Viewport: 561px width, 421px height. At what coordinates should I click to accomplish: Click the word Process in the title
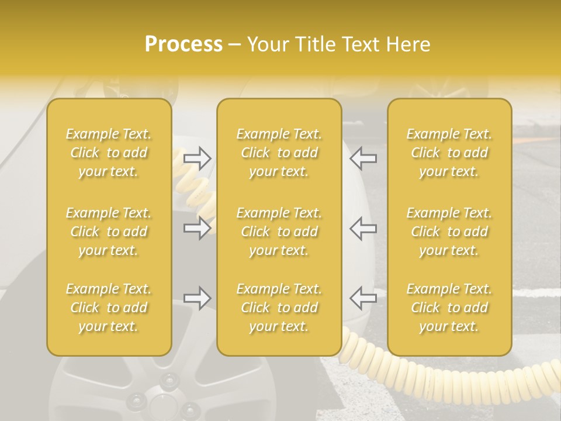183,44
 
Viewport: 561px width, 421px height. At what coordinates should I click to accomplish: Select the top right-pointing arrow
198,158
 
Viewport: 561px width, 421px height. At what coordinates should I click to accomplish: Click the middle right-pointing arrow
198,228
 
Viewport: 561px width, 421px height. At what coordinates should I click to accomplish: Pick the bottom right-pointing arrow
198,298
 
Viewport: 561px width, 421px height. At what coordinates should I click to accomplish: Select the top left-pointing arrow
363,158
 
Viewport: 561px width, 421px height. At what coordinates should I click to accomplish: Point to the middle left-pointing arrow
363,228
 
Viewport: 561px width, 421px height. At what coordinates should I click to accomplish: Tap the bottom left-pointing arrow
363,298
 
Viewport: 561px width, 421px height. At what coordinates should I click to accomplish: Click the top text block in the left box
109,153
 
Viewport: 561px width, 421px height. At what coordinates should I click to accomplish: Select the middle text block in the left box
109,232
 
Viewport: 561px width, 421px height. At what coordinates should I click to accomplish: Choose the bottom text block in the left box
109,308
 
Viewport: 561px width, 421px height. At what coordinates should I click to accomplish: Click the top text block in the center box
279,153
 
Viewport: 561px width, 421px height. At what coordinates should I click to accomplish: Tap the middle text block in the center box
279,232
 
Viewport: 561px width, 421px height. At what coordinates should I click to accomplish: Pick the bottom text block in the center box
279,308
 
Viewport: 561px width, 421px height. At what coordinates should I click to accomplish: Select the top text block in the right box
449,153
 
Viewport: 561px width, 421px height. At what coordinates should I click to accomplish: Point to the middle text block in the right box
449,232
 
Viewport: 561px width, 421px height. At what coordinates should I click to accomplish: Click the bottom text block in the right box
449,308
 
